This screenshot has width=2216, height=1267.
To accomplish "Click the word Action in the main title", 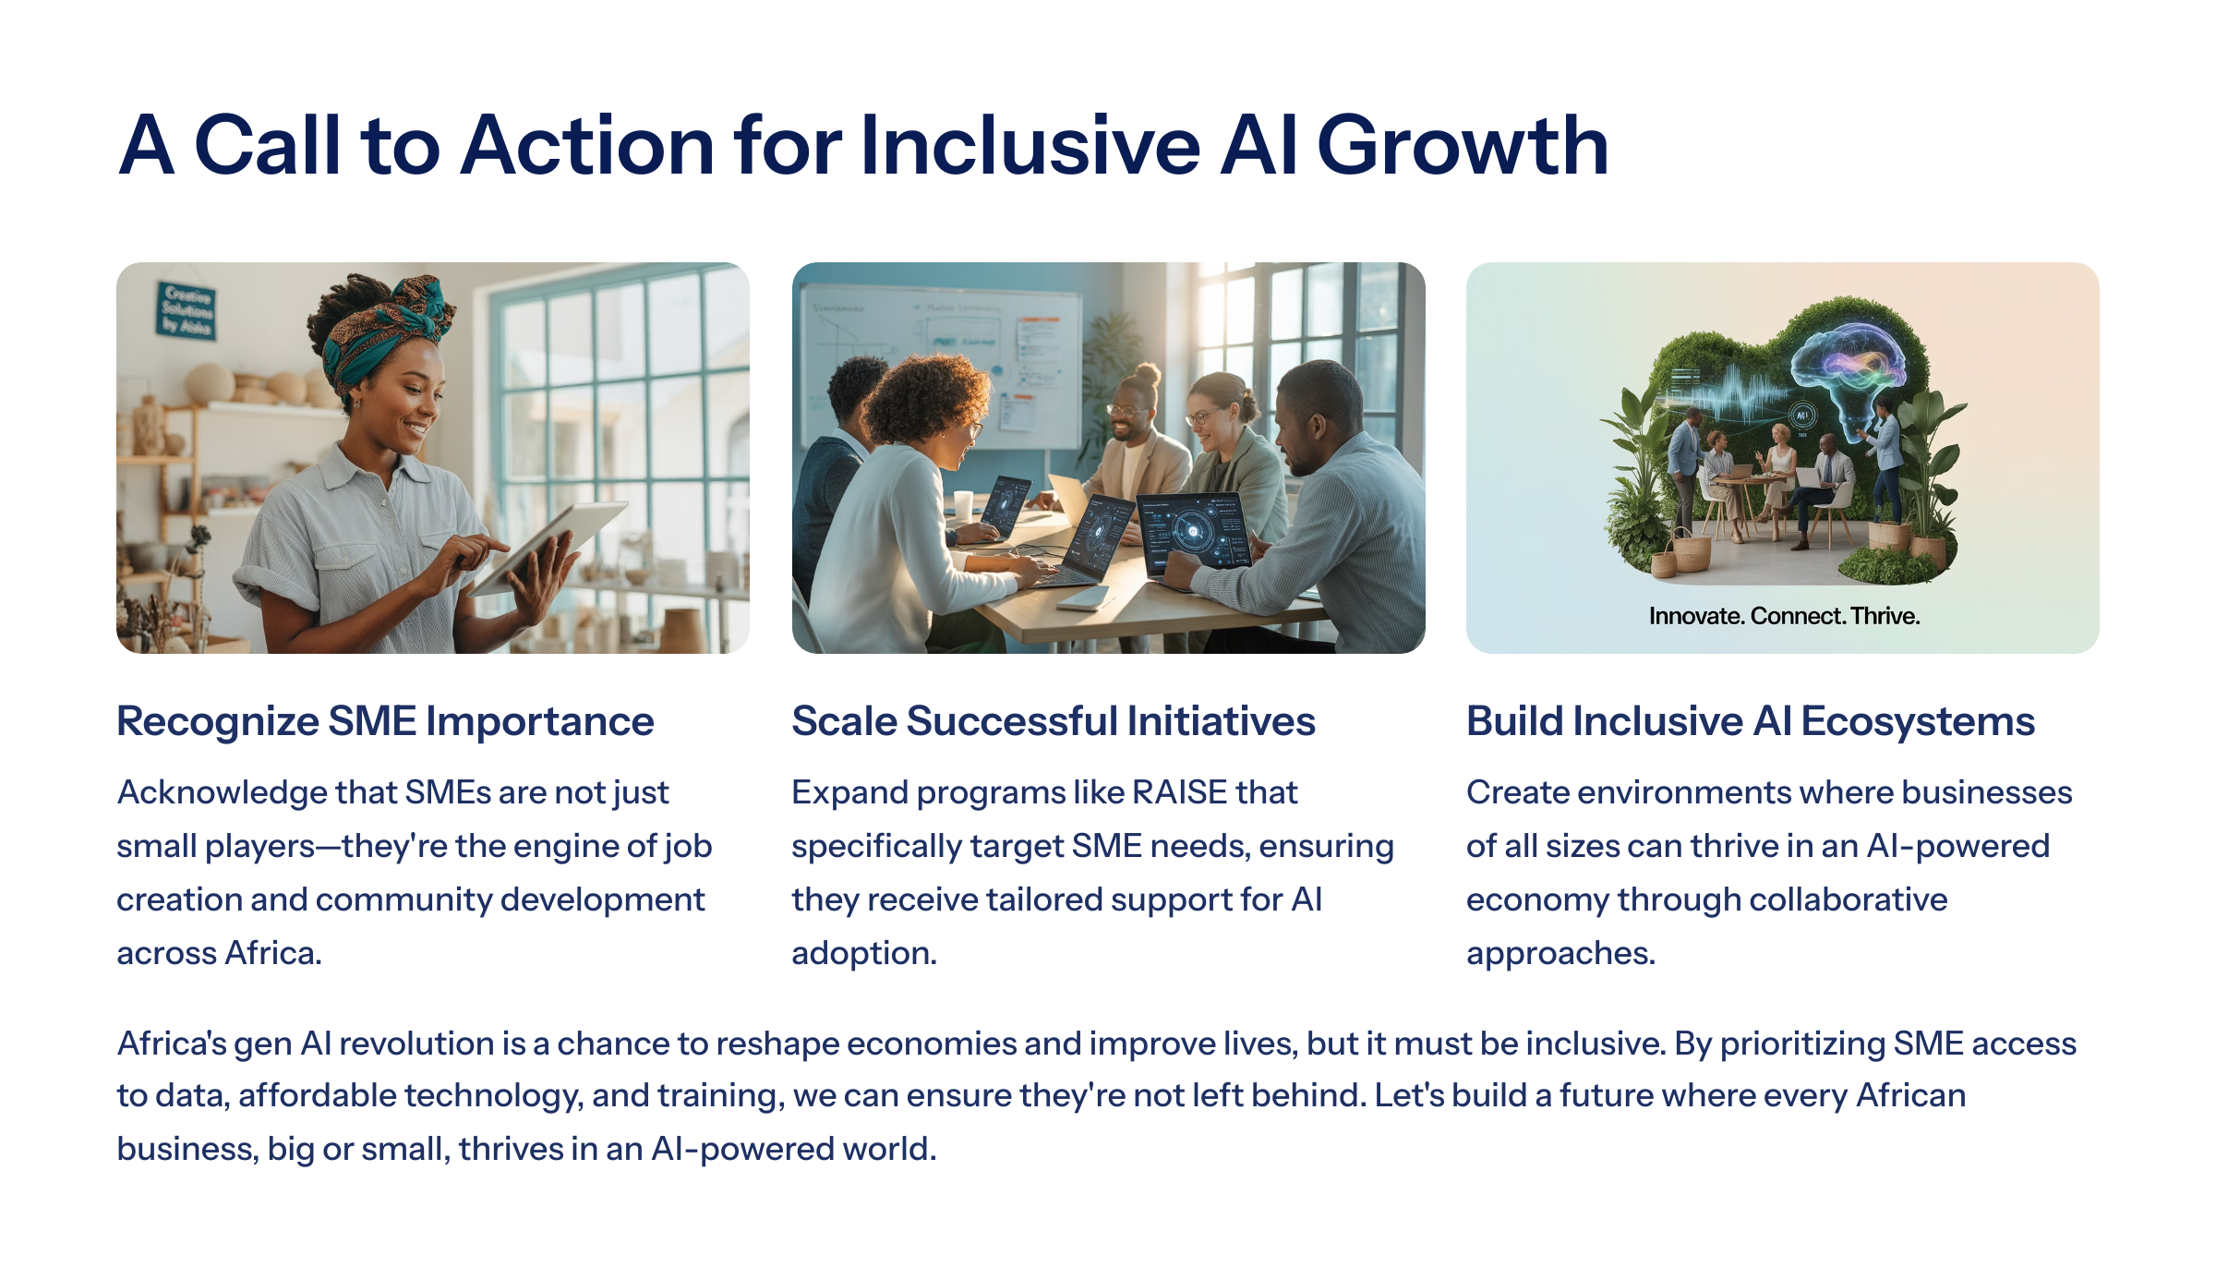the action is (x=587, y=145).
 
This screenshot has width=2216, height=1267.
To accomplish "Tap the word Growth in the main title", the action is (x=1463, y=145).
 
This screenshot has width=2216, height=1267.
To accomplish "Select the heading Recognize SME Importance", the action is (x=385, y=722).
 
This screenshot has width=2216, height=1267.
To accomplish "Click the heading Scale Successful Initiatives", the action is (x=1054, y=721).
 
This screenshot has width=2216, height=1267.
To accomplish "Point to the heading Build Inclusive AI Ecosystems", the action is (x=1751, y=722).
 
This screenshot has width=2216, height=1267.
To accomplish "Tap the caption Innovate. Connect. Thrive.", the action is (x=1784, y=616).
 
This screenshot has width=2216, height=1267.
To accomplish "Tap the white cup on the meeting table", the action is (x=963, y=506).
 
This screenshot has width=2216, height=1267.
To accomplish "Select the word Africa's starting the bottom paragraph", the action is (x=172, y=1044).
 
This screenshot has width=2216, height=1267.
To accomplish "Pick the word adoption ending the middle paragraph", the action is (x=864, y=954).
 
